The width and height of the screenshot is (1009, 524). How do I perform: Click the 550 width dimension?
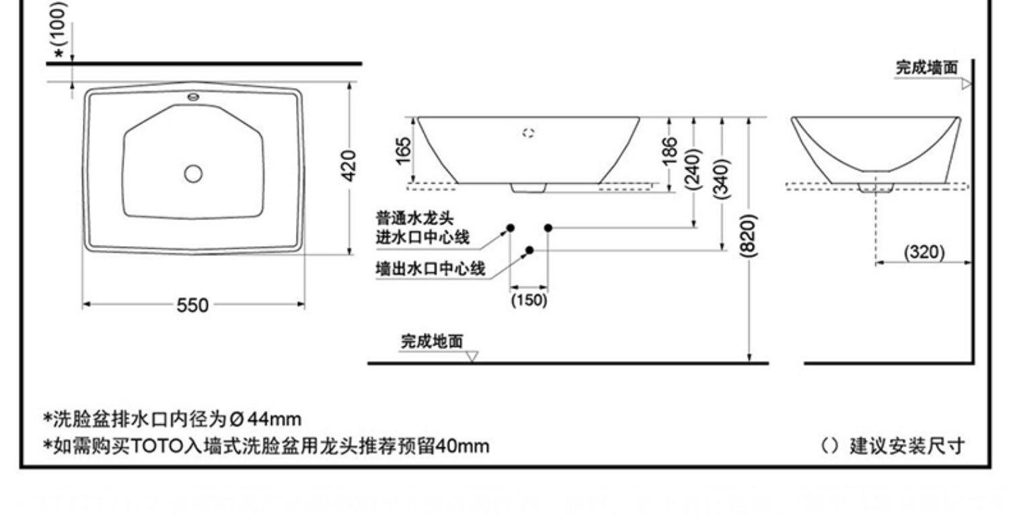pos(192,305)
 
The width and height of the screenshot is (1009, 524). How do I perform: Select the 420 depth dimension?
pos(348,165)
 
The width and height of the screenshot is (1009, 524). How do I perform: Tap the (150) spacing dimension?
pos(529,300)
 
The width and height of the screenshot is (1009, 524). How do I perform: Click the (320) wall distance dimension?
pos(924,253)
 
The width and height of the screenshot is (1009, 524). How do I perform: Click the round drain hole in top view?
pos(193,174)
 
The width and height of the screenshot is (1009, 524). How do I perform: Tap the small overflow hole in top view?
pos(194,96)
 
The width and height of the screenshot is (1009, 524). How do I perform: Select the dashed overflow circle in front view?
pos(528,133)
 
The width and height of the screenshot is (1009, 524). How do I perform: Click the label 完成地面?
pos(432,342)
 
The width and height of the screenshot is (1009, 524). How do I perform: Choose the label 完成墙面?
pos(926,67)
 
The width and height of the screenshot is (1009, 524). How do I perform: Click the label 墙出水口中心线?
pos(431,269)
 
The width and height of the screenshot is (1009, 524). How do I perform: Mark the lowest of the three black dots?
pos(529,250)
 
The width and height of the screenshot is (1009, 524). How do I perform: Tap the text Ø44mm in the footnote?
pos(265,419)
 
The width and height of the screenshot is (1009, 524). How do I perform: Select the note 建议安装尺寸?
pos(907,445)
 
